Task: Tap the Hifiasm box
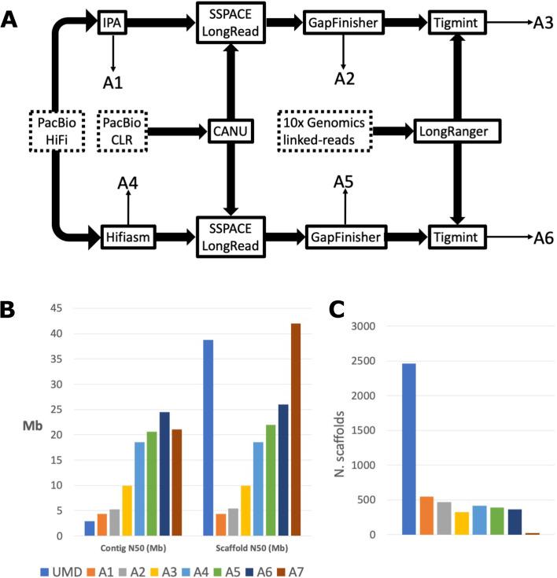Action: (127, 234)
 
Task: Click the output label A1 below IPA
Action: (113, 82)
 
